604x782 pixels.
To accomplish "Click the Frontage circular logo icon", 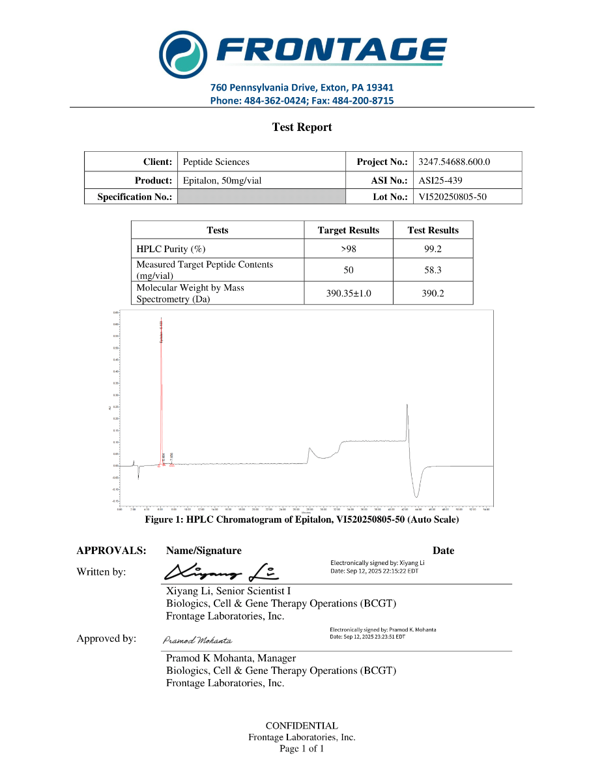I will click(x=184, y=51).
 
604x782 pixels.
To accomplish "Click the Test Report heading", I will click(x=302, y=127).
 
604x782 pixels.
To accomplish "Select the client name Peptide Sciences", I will click(x=216, y=162).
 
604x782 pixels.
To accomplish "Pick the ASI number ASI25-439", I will click(x=440, y=181).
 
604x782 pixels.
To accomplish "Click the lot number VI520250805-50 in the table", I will click(x=452, y=197).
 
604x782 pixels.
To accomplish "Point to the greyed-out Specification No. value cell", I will click(x=261, y=197).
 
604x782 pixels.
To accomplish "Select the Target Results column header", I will click(x=348, y=230).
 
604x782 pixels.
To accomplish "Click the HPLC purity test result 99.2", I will click(x=433, y=249).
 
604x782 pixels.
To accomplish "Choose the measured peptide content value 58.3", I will click(x=433, y=270).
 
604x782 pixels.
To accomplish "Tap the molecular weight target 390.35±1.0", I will click(x=348, y=293).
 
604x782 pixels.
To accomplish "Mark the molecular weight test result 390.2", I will click(x=433, y=293).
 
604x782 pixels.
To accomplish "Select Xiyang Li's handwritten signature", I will click(x=222, y=572).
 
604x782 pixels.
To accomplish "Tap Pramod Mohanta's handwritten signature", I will click(x=197, y=640).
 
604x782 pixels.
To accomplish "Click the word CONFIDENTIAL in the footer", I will click(x=302, y=725).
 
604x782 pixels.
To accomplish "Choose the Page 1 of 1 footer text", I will click(x=302, y=749).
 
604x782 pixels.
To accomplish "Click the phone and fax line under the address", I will click(x=302, y=100).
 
